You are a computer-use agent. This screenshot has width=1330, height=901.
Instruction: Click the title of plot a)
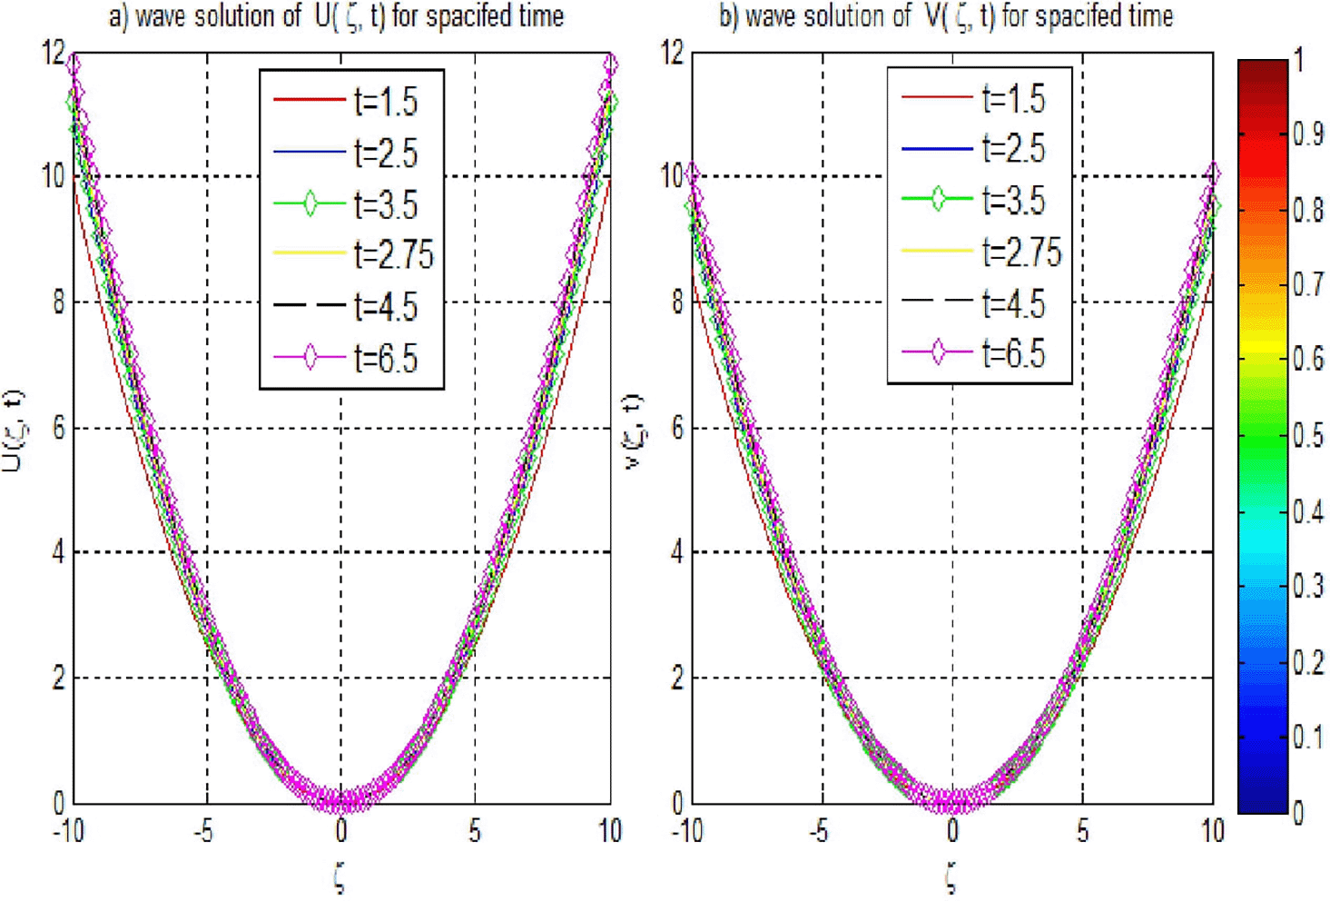pyautogui.click(x=336, y=16)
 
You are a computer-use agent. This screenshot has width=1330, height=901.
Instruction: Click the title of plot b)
pyautogui.click(x=945, y=16)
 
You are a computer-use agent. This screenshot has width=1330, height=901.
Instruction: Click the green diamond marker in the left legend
pyautogui.click(x=310, y=203)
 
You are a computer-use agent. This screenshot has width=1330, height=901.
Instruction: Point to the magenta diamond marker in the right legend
pyautogui.click(x=938, y=352)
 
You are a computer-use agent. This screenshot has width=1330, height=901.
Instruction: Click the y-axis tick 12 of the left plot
pyautogui.click(x=54, y=53)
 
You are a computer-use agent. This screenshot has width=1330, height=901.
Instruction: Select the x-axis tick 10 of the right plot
pyautogui.click(x=1212, y=830)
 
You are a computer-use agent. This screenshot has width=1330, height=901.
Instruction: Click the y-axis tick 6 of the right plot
pyautogui.click(x=676, y=428)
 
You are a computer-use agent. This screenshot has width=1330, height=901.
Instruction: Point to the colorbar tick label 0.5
pyautogui.click(x=1307, y=436)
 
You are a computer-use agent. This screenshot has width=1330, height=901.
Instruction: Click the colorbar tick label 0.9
pyautogui.click(x=1307, y=134)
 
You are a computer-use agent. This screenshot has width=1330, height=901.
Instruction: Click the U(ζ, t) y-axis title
pyautogui.click(x=13, y=431)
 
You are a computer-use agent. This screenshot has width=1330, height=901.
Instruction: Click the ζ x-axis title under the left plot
pyautogui.click(x=340, y=877)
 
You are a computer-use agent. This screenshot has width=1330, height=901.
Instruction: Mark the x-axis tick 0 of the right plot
pyautogui.click(x=951, y=830)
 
